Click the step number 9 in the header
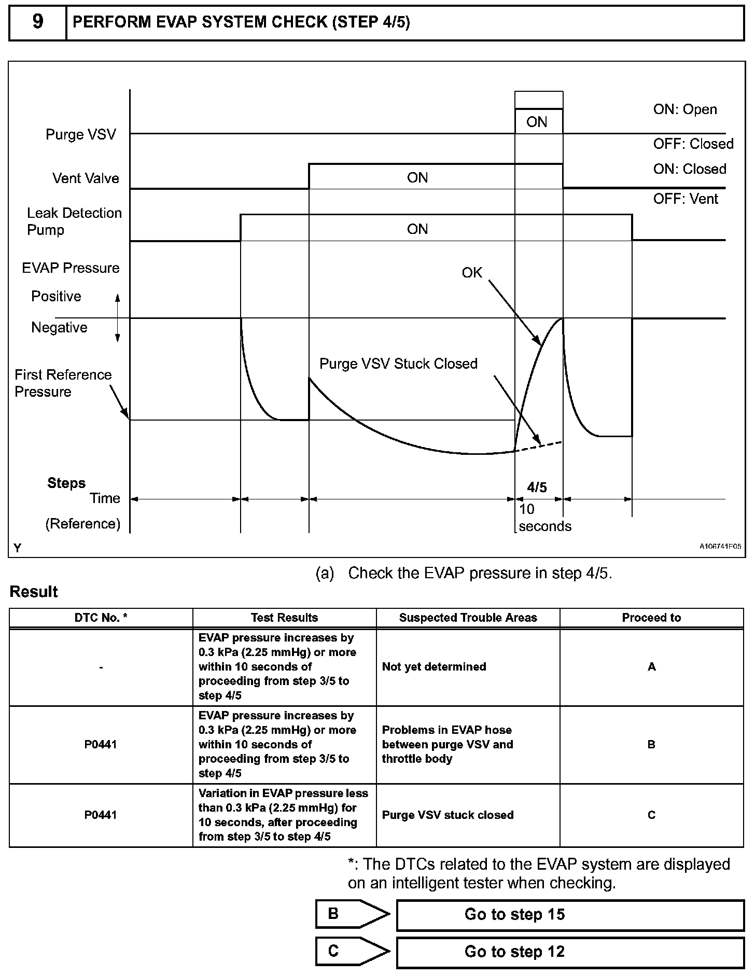pyautogui.click(x=38, y=22)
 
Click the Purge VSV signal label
pyautogui.click(x=81, y=134)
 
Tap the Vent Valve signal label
pyautogui.click(x=86, y=178)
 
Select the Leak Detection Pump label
pyautogui.click(x=74, y=221)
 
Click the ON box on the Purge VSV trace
pyautogui.click(x=537, y=122)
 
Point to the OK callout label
pyautogui.click(x=472, y=273)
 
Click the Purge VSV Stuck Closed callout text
pyautogui.click(x=398, y=364)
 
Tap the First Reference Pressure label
pyautogui.click(x=63, y=383)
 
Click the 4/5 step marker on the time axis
pyautogui.click(x=537, y=487)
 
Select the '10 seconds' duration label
pyautogui.click(x=544, y=518)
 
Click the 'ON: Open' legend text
pyautogui.click(x=685, y=109)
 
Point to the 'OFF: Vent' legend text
pyautogui.click(x=686, y=199)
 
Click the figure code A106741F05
pyautogui.click(x=720, y=546)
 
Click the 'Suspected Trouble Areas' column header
pyautogui.click(x=468, y=618)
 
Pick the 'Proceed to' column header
pyautogui.click(x=651, y=618)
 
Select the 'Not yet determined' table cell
pyautogui.click(x=434, y=667)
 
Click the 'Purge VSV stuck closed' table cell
pyautogui.click(x=448, y=815)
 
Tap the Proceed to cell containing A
pyautogui.click(x=651, y=667)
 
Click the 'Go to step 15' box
pyautogui.click(x=570, y=914)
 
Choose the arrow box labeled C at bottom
pyautogui.click(x=352, y=951)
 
